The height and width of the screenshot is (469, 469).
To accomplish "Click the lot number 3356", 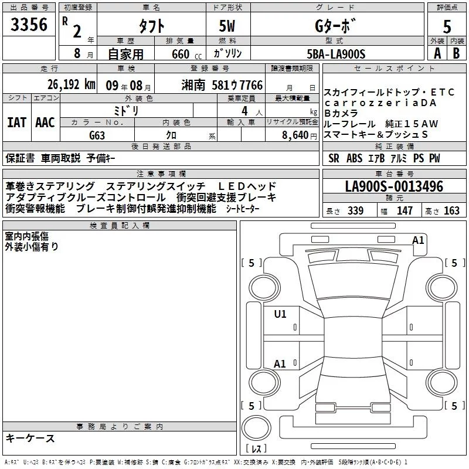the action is coord(29,25).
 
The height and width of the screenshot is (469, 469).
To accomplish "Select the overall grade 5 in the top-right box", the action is coord(447,26).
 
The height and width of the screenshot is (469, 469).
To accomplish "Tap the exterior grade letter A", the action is coord(437,53).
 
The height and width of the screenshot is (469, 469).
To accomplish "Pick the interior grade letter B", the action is coord(456,53).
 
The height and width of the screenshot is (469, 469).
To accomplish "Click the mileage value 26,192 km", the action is coord(72,84).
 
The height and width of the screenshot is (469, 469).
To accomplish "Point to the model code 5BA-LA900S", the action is coord(336,54).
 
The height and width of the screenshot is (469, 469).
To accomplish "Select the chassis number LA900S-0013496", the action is coord(394,186).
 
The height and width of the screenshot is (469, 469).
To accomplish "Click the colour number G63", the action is coord(97,135).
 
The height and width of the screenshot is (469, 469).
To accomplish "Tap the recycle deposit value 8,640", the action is coord(295,135).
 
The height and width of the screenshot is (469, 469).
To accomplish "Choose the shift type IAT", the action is coord(17,123).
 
